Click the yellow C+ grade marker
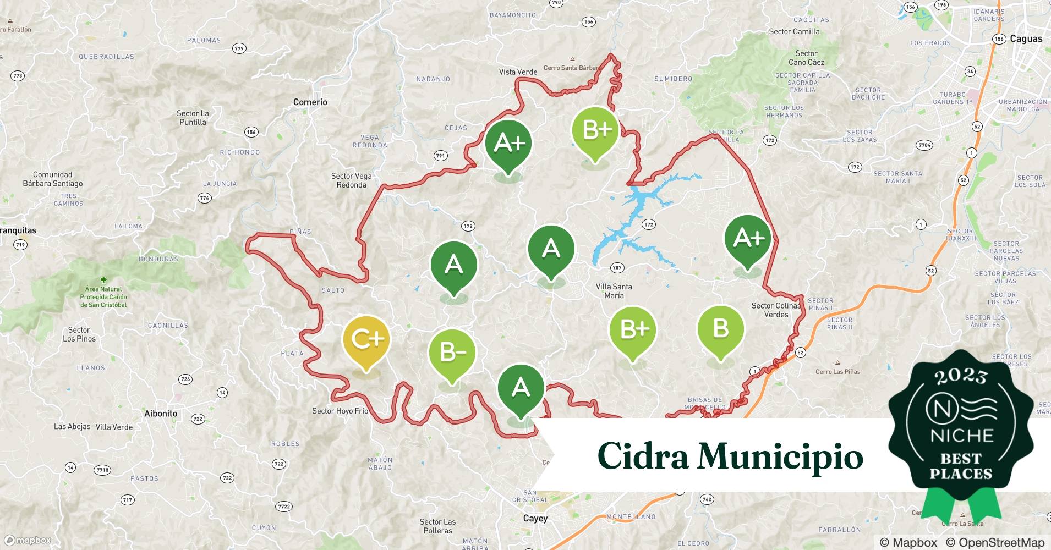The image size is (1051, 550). (x=366, y=340)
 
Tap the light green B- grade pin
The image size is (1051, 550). (x=452, y=353)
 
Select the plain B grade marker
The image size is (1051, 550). (x=720, y=329)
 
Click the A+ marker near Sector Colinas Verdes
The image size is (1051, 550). (x=748, y=238)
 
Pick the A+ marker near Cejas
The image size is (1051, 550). (x=508, y=143)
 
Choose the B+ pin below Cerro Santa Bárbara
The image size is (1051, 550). (x=595, y=130)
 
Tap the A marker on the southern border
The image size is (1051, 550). (x=521, y=388)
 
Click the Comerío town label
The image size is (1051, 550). (x=310, y=102)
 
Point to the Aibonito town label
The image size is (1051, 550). (x=161, y=413)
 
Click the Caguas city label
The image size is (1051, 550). (x=1026, y=38)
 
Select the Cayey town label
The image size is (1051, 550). (x=535, y=518)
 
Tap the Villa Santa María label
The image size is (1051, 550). (x=614, y=290)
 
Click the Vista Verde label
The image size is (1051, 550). (x=518, y=71)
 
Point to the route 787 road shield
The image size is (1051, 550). (x=617, y=267)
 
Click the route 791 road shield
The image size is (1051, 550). (x=440, y=156)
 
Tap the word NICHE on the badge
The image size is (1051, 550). (x=961, y=436)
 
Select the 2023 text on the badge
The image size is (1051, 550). (x=961, y=377)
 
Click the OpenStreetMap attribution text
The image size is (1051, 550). (x=994, y=542)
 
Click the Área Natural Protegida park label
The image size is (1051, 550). (x=103, y=296)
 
